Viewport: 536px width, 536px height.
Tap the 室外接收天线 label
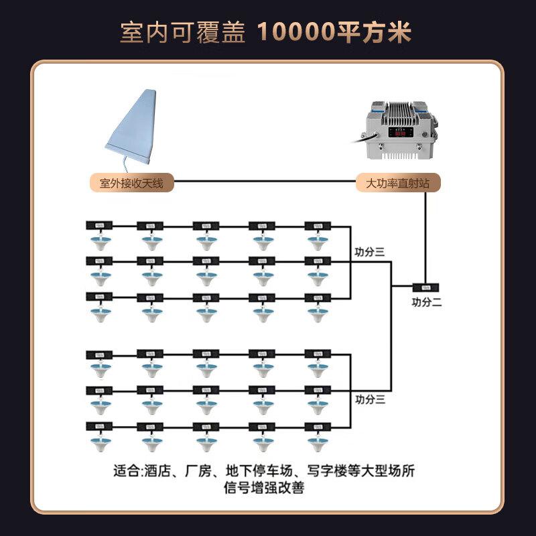coord(131,182)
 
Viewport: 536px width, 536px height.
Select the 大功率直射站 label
coord(398,182)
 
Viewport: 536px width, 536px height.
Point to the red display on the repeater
coord(400,133)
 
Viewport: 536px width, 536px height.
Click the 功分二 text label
coord(427,302)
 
